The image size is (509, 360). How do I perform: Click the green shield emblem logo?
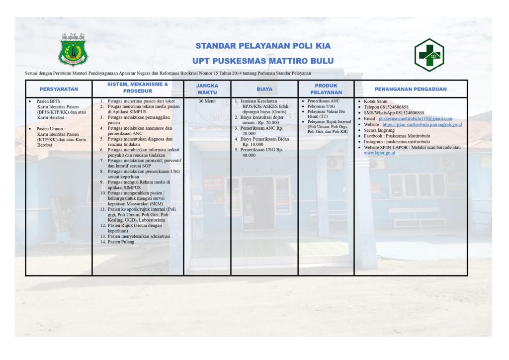[x=74, y=49]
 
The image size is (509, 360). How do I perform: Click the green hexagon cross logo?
[x=429, y=54]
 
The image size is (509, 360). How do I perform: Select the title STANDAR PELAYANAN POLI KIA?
[x=263, y=46]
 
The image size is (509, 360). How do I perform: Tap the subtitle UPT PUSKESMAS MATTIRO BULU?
[x=263, y=61]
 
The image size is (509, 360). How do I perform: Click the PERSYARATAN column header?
[x=59, y=89]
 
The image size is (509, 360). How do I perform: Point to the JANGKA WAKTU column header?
[x=207, y=89]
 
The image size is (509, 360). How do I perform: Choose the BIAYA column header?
[x=264, y=89]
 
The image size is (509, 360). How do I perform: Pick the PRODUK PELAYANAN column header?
[x=326, y=89]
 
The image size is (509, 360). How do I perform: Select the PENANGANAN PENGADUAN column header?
[x=411, y=89]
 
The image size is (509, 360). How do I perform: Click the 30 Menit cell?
[x=207, y=101]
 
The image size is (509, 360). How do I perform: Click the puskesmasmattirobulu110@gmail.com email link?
[x=415, y=119]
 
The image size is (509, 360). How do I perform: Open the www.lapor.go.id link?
[x=379, y=153]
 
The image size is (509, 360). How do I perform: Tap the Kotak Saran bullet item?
[x=377, y=101]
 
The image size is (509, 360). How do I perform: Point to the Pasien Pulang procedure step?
[x=121, y=242]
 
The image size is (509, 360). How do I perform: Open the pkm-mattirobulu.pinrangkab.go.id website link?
[x=422, y=124]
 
